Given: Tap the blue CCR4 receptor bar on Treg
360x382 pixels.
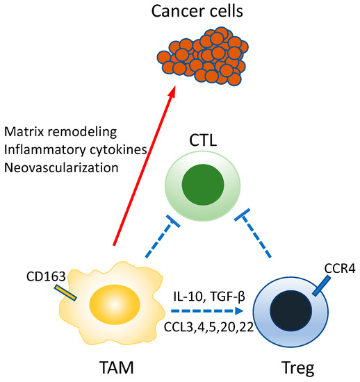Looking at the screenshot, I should [320, 284].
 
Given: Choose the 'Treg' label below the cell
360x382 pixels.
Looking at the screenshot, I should [287, 365].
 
